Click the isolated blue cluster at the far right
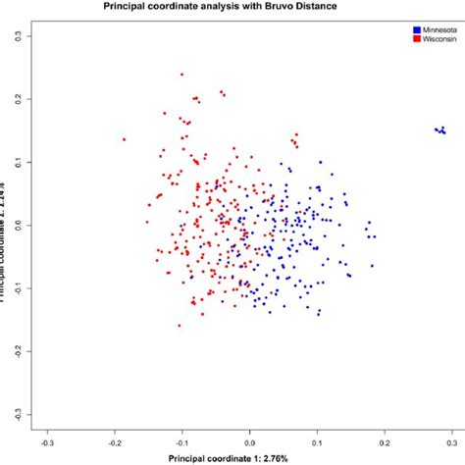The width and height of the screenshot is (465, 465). coord(440,129)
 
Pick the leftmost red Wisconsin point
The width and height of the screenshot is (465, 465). coord(125,139)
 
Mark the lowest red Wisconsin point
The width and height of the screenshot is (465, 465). coord(180,326)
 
